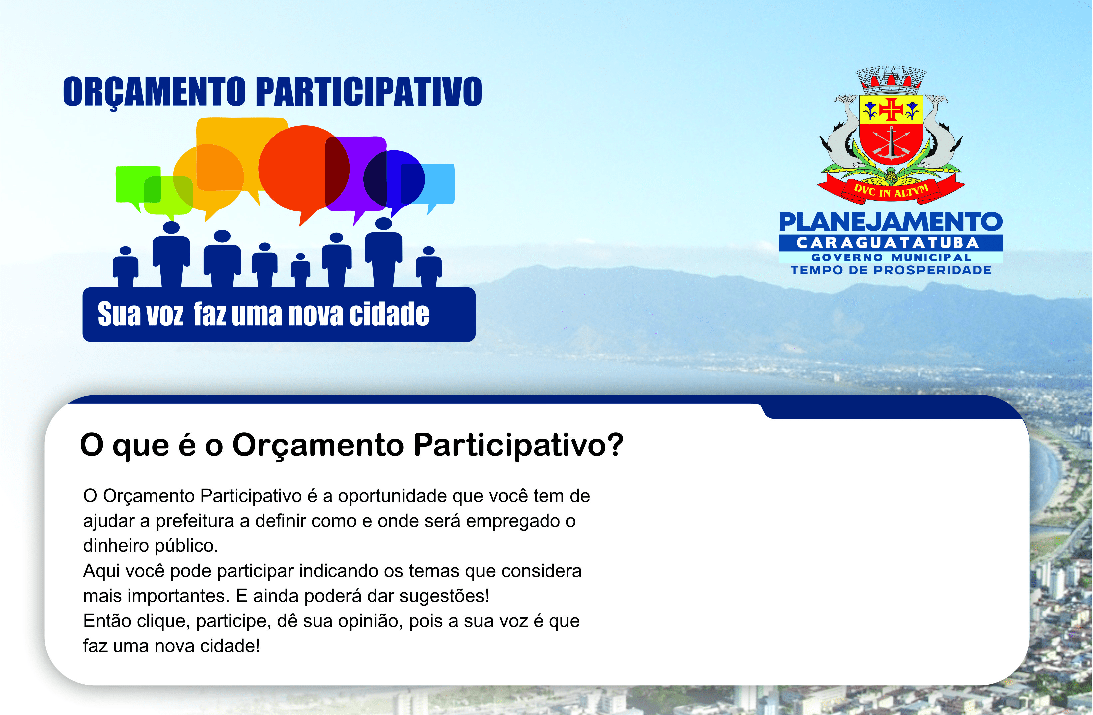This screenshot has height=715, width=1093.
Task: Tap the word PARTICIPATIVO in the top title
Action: [369, 92]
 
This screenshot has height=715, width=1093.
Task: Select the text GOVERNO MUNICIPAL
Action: [891, 257]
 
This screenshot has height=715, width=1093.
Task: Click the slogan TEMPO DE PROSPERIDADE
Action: [891, 270]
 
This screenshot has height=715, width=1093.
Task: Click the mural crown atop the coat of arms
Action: [891, 80]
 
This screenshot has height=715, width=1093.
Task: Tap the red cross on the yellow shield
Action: [891, 109]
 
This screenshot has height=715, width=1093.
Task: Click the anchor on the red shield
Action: [891, 144]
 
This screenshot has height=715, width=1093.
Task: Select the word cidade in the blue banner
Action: [389, 314]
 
